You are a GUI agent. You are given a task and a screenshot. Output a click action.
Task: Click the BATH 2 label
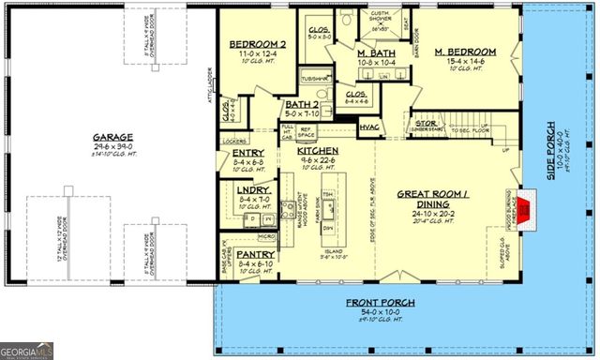[302, 105]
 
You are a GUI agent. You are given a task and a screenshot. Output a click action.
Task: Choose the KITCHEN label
[318, 150]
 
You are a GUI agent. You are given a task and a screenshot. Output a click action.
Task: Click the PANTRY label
[256, 253]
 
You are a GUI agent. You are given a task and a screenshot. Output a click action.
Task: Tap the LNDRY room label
[255, 189]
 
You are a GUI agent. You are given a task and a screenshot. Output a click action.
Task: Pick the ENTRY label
[247, 152]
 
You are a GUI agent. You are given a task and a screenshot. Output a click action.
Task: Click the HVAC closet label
[368, 126]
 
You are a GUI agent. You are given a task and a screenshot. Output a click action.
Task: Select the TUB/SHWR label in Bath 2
[315, 79]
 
